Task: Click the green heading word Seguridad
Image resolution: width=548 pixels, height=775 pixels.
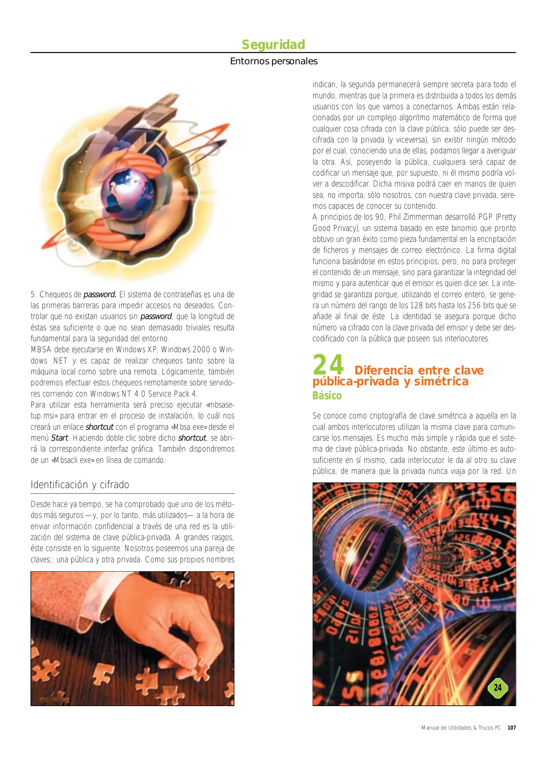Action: pos(273,44)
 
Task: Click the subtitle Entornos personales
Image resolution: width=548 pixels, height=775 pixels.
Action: pos(274,61)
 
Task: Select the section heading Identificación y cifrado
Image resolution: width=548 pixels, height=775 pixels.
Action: pos(80,485)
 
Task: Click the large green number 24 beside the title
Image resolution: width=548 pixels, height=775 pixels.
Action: pos(328,365)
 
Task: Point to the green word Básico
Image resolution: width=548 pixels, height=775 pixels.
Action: pos(327,396)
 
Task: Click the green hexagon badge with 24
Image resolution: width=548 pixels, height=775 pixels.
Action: pos(497,688)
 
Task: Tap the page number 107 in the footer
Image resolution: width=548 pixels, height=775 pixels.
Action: pos(511,728)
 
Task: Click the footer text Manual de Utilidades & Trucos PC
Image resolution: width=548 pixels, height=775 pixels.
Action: pos(461,728)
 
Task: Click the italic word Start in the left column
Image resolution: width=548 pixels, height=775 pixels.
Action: pos(59,438)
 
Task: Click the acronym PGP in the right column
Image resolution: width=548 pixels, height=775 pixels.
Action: pos(486,217)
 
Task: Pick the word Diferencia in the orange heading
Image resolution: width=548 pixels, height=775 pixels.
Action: pos(384,370)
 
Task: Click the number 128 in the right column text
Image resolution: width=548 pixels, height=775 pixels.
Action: pos(416,306)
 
